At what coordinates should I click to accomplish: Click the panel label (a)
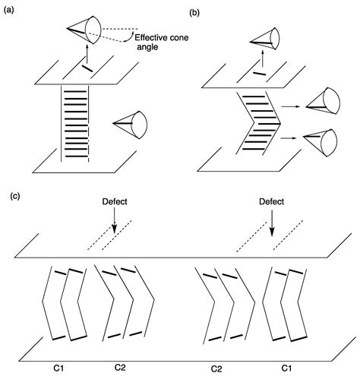(x=8, y=11)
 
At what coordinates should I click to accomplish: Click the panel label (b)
(x=194, y=13)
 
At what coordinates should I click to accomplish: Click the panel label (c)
(x=15, y=196)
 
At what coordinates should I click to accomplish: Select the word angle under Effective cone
(x=147, y=47)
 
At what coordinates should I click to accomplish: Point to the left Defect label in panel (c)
(x=115, y=201)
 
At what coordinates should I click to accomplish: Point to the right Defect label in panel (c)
(x=272, y=201)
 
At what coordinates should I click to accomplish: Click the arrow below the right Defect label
(x=272, y=222)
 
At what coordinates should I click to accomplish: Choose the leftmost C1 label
(x=58, y=368)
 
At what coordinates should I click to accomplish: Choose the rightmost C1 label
(x=286, y=368)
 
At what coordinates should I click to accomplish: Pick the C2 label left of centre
(x=120, y=368)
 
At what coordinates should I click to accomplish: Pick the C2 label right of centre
(x=216, y=369)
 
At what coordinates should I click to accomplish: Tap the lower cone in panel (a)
(x=131, y=125)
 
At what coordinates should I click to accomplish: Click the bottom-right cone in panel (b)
(x=321, y=143)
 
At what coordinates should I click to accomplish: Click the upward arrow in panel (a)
(x=87, y=55)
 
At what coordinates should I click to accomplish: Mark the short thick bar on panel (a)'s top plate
(x=87, y=68)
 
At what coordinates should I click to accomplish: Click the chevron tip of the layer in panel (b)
(x=280, y=124)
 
